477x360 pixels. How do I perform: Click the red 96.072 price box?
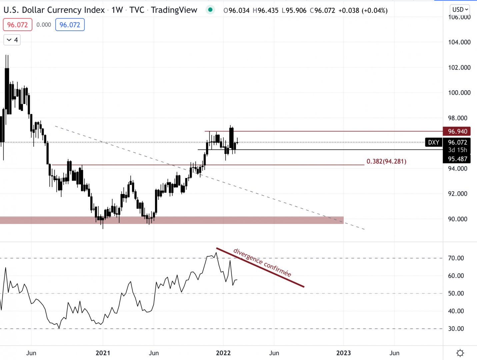(x=17, y=25)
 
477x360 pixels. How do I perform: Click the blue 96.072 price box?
(x=70, y=25)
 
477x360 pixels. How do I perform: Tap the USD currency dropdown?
(x=460, y=9)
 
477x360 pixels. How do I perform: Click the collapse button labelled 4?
(x=12, y=40)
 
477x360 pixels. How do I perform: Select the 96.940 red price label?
(x=457, y=131)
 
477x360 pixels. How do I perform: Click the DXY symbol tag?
(x=433, y=142)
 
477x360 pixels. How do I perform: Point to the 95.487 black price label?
(x=457, y=159)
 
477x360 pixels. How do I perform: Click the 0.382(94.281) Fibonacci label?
(x=386, y=162)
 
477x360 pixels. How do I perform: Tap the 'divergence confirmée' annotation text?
(x=262, y=263)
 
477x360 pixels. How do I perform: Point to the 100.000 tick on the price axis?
(x=459, y=93)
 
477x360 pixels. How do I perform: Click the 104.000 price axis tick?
(x=459, y=42)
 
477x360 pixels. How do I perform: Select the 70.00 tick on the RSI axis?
(x=456, y=258)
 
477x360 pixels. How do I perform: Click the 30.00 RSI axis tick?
(x=456, y=329)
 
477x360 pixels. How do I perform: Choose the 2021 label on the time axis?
(x=103, y=353)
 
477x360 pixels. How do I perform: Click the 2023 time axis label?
(x=343, y=353)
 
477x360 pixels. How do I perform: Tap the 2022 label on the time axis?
(x=223, y=353)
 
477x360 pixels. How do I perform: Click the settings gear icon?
(x=460, y=353)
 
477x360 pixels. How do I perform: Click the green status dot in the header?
(x=210, y=10)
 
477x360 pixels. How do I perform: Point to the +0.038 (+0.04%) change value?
(x=363, y=11)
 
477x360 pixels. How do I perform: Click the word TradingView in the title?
(x=174, y=10)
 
